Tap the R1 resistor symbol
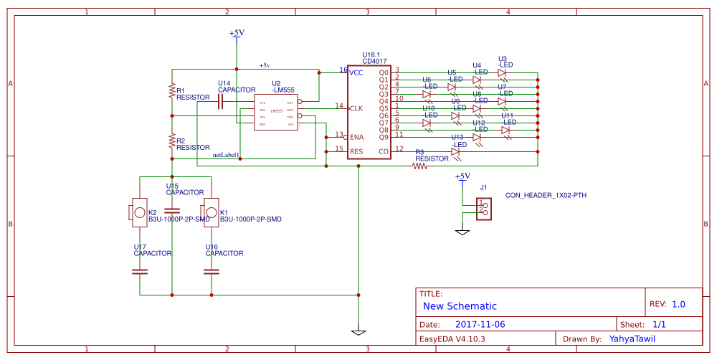point(172,90)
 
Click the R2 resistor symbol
point(172,138)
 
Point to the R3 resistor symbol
point(420,166)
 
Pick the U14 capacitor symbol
point(221,103)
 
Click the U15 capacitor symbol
point(172,212)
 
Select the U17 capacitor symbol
point(140,272)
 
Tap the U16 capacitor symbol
point(212,272)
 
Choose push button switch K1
point(210,213)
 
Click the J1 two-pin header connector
point(485,208)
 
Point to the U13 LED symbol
point(456,151)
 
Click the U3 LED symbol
point(502,72)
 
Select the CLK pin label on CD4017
point(356,108)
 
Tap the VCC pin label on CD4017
point(356,72)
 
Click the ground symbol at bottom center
point(358,332)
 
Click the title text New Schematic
point(460,305)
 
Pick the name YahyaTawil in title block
point(632,338)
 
